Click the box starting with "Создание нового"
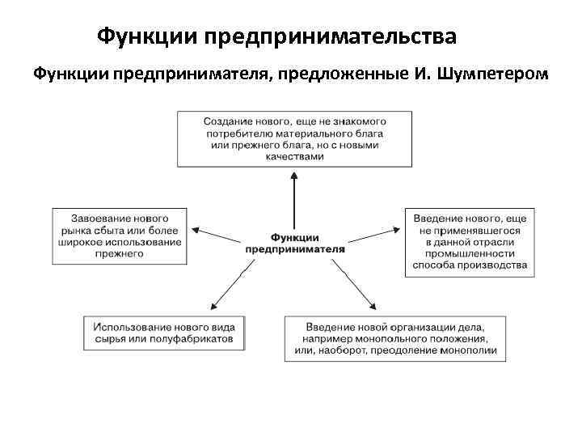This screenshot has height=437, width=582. click(x=293, y=138)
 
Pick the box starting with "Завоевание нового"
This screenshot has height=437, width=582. click(x=120, y=235)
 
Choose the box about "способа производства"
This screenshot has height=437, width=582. click(x=470, y=242)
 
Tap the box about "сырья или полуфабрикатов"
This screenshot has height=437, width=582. click(x=163, y=333)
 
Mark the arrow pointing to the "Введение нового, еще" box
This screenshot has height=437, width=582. click(x=372, y=236)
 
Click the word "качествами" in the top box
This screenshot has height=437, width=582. click(x=294, y=157)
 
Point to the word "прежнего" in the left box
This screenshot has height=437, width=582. click(x=120, y=254)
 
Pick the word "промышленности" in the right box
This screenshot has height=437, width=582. click(x=470, y=253)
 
